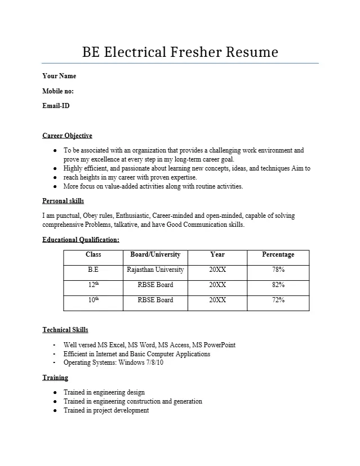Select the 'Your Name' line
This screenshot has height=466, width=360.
[x=59, y=76]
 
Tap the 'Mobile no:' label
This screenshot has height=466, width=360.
[x=58, y=91]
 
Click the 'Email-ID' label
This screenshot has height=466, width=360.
[x=56, y=105]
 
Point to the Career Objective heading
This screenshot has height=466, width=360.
[x=67, y=136]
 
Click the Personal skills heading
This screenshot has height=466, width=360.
[x=63, y=201]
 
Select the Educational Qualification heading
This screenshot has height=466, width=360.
[x=81, y=240]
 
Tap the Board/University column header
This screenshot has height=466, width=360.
[x=155, y=254]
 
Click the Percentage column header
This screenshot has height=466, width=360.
[x=278, y=254]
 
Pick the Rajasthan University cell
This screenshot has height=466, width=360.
[x=155, y=270]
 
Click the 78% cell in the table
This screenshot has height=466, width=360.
[x=278, y=270]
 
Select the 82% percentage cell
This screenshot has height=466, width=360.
[x=278, y=285]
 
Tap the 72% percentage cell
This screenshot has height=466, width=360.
[x=278, y=300]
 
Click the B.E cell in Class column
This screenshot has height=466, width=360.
[x=93, y=270]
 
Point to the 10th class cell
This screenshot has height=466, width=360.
[x=93, y=300]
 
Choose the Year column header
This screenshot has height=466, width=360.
[x=217, y=254]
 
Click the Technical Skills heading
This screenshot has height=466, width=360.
[x=65, y=330]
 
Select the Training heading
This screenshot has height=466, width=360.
[x=55, y=378]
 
